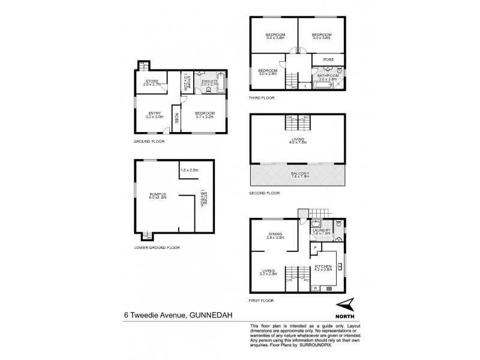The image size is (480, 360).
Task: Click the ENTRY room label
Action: coord(154,113)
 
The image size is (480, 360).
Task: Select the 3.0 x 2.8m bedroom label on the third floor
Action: coord(267,70)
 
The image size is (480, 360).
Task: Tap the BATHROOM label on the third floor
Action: coord(328,76)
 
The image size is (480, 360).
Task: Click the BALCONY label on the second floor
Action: coord(298,173)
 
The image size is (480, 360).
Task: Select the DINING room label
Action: coord(275,235)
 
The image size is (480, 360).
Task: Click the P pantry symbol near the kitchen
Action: coord(314,247)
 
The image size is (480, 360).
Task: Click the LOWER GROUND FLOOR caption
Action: coord(157,247)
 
